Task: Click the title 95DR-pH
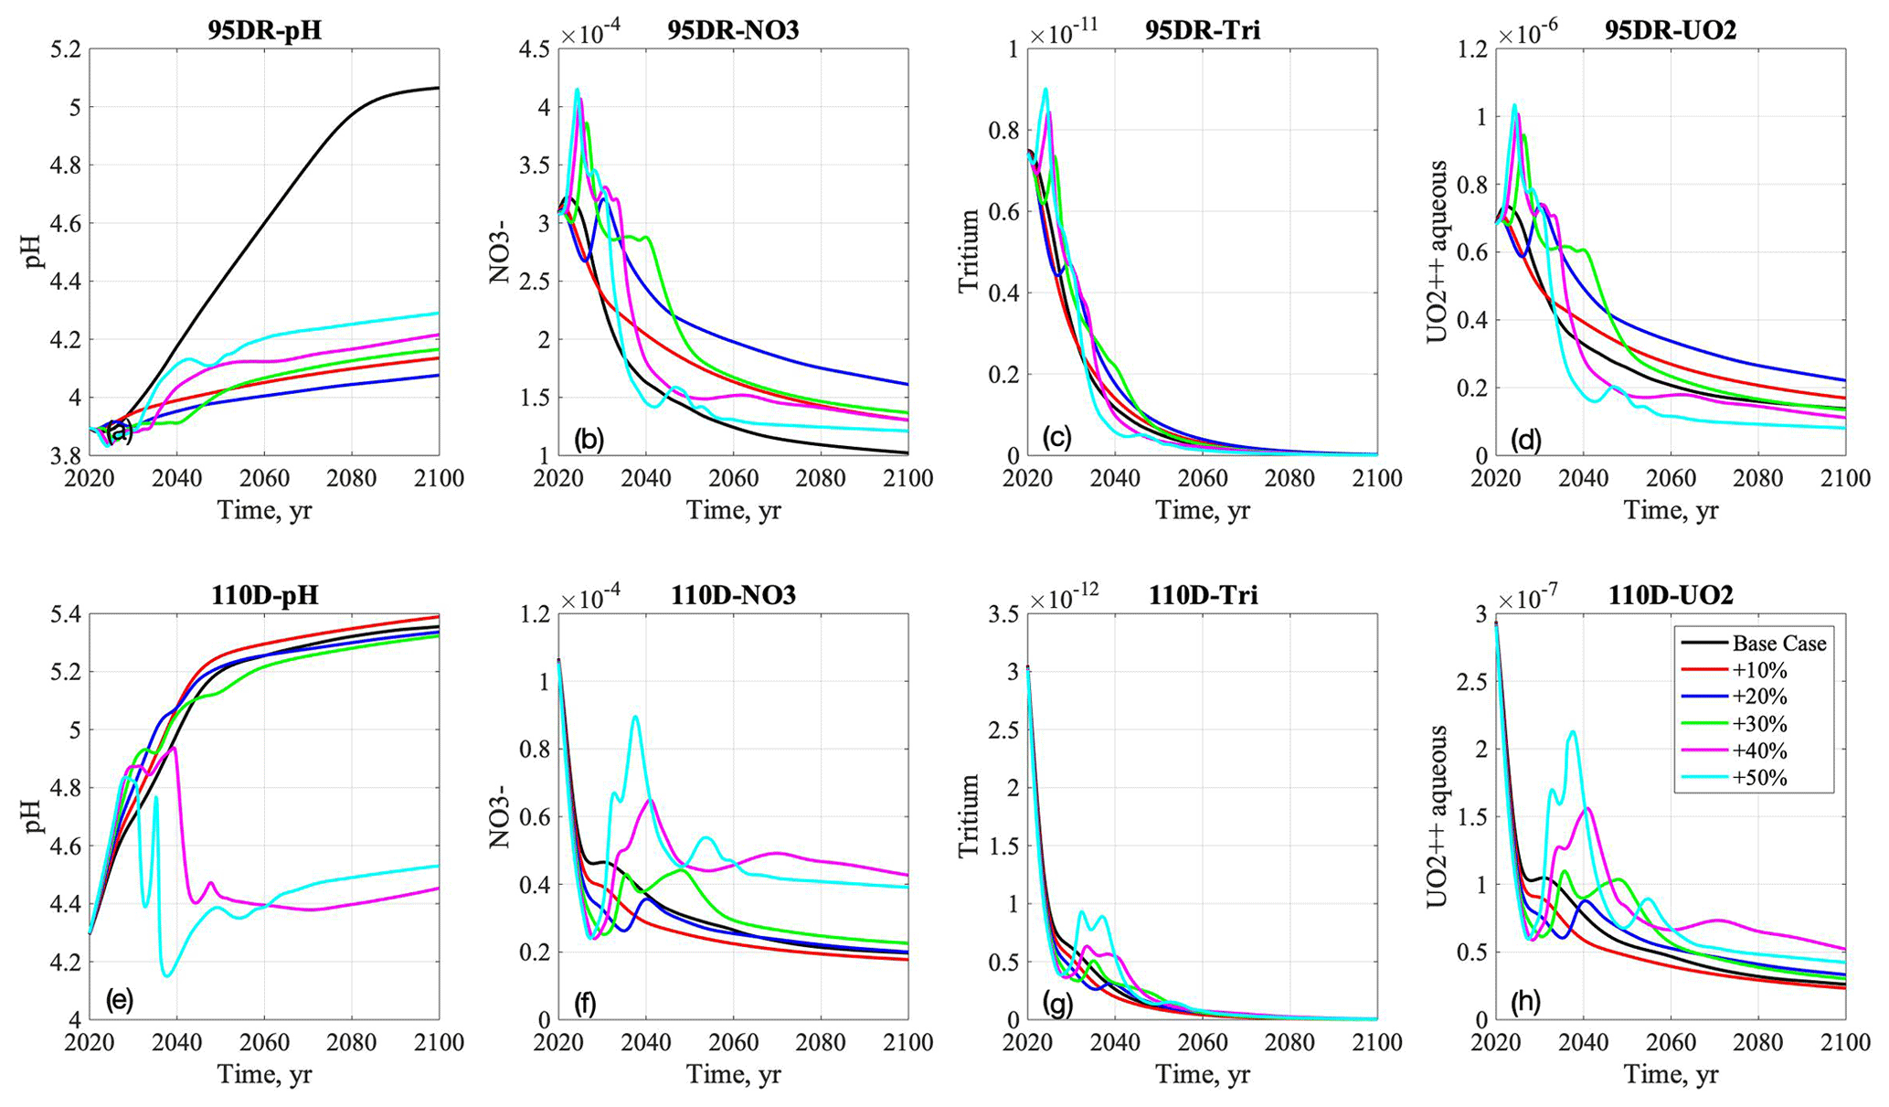point(263,30)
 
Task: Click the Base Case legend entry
point(1778,644)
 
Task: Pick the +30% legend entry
point(1759,724)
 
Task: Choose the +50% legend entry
point(1759,778)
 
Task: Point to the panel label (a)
point(120,432)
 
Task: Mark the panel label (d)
point(1523,440)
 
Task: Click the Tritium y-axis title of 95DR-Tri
point(969,251)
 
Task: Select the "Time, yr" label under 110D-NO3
point(733,1075)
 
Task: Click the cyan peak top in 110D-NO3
point(635,717)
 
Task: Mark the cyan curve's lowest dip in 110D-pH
point(167,976)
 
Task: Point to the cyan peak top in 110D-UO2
point(1572,731)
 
